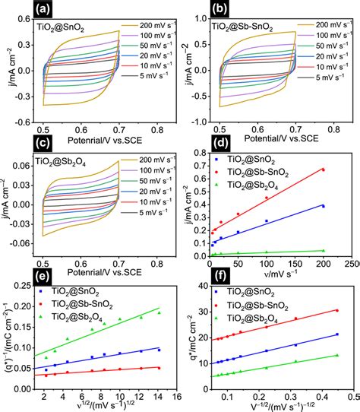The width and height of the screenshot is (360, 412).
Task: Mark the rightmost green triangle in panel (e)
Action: click(x=159, y=312)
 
